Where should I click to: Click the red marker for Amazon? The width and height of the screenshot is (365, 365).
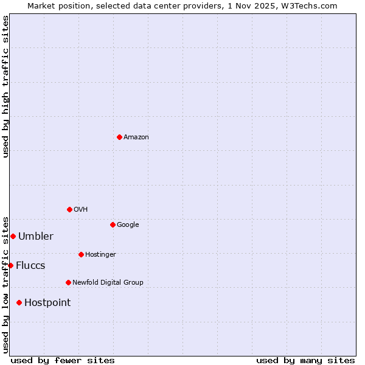tap(119, 137)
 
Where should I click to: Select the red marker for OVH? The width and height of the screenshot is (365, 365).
tap(69, 209)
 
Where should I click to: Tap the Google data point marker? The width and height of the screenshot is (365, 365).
tap(113, 224)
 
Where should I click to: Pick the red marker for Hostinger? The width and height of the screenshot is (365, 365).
tap(81, 254)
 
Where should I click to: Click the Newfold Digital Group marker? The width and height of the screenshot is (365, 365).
tap(68, 282)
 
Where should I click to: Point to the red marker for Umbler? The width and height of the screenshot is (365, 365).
tap(13, 236)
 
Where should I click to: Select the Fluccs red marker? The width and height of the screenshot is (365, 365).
tap(10, 265)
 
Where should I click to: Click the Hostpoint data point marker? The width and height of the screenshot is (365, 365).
tap(19, 302)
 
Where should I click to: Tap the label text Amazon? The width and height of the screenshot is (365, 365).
tap(136, 137)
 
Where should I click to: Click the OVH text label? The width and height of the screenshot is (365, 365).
tap(80, 210)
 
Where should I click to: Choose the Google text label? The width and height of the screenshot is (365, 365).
tap(128, 225)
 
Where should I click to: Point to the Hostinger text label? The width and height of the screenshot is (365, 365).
tap(100, 255)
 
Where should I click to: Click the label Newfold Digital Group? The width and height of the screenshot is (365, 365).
tap(108, 283)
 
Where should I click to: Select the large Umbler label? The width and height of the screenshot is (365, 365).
tap(36, 237)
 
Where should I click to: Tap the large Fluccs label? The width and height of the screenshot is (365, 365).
tap(30, 266)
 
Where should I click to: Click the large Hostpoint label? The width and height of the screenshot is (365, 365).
tap(47, 303)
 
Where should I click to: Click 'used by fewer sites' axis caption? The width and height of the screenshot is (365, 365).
tap(63, 361)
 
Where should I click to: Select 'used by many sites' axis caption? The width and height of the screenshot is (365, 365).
tap(305, 361)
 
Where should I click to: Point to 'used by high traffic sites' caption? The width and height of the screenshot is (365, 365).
tap(5, 86)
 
